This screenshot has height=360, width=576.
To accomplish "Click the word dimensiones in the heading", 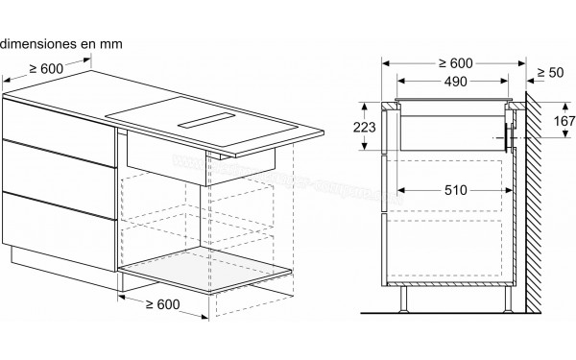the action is click(38, 43).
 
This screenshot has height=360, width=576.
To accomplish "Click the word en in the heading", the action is click(85, 43).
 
